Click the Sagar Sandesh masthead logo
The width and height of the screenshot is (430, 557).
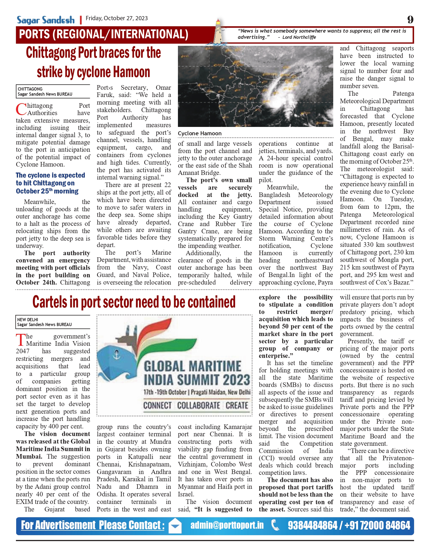[46, 20]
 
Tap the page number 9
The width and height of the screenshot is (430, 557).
[410, 20]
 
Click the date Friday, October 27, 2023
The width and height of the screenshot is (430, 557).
[117, 18]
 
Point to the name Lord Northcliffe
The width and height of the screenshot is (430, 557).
[299, 37]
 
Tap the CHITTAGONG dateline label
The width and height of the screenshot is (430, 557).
[30, 89]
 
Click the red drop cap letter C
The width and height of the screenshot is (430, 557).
[21, 109]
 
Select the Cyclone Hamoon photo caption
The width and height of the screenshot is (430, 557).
[199, 133]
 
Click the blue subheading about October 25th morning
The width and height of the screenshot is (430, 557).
[50, 183]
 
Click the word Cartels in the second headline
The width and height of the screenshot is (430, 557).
[50, 302]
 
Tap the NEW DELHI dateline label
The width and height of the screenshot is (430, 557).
[27, 320]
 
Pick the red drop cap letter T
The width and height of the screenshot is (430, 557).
[20, 340]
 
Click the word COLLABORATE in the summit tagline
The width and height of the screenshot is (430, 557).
[199, 406]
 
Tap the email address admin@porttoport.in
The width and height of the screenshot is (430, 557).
[227, 525]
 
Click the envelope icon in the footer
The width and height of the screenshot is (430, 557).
[175, 526]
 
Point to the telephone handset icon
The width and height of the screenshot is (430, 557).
[275, 525]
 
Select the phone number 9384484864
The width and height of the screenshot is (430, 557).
[312, 525]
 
